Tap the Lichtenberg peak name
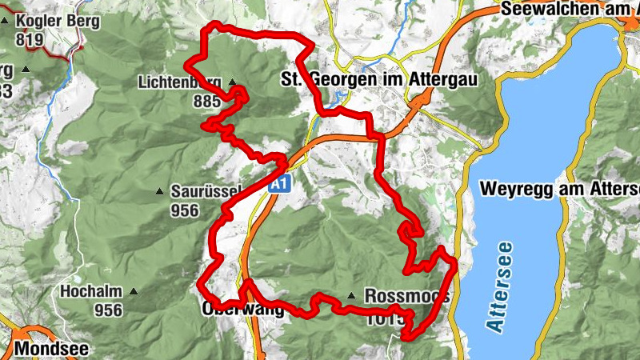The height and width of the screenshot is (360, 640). (x=181, y=82)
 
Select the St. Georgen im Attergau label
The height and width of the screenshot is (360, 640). (x=374, y=79)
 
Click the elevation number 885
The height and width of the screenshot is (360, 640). (x=206, y=102)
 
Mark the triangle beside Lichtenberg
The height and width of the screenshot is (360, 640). (x=233, y=82)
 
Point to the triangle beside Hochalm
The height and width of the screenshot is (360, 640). (x=134, y=292)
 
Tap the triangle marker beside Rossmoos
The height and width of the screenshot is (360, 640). (x=350, y=295)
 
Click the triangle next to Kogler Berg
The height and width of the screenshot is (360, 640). (x=5, y=19)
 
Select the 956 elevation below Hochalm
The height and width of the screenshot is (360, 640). (x=108, y=310)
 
